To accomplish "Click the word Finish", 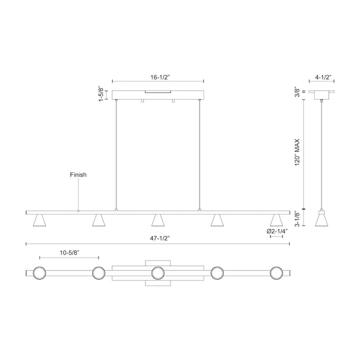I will pyautogui.click(x=78, y=175).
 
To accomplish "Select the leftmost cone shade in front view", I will pyautogui.click(x=38, y=220).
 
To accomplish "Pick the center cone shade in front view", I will pyautogui.click(x=158, y=220).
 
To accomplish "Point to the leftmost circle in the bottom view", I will pyautogui.click(x=38, y=273).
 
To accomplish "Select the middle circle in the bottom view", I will pyautogui.click(x=158, y=273).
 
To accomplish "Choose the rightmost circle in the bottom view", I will pyautogui.click(x=276, y=273).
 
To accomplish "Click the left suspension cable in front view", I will pyautogui.click(x=116, y=155).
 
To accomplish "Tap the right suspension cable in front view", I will pyautogui.click(x=199, y=155).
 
